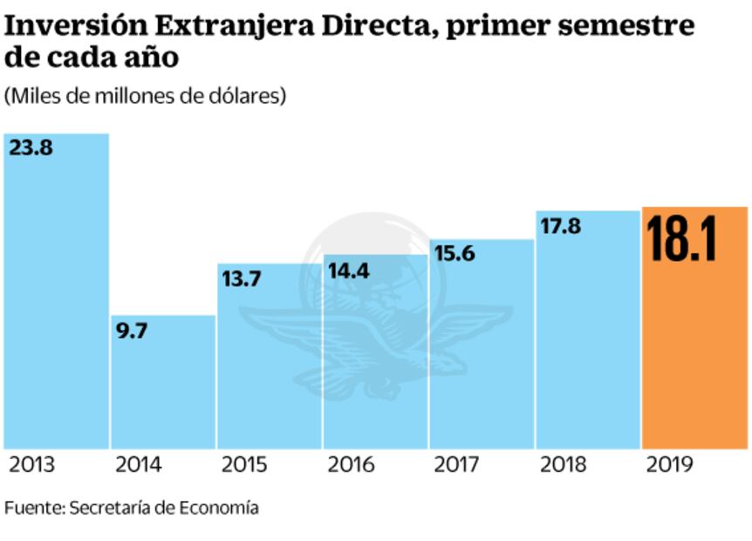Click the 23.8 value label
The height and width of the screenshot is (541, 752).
point(31,147)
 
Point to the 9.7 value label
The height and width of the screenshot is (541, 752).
point(131,331)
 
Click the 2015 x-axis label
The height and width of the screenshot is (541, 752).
point(244,464)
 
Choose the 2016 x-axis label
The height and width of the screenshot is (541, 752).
point(351,464)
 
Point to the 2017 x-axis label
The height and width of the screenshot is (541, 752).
point(457,464)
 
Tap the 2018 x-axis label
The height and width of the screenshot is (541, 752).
point(564,464)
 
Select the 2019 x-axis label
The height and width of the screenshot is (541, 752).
point(670,464)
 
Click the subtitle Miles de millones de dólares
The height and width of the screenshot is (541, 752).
point(146,96)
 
